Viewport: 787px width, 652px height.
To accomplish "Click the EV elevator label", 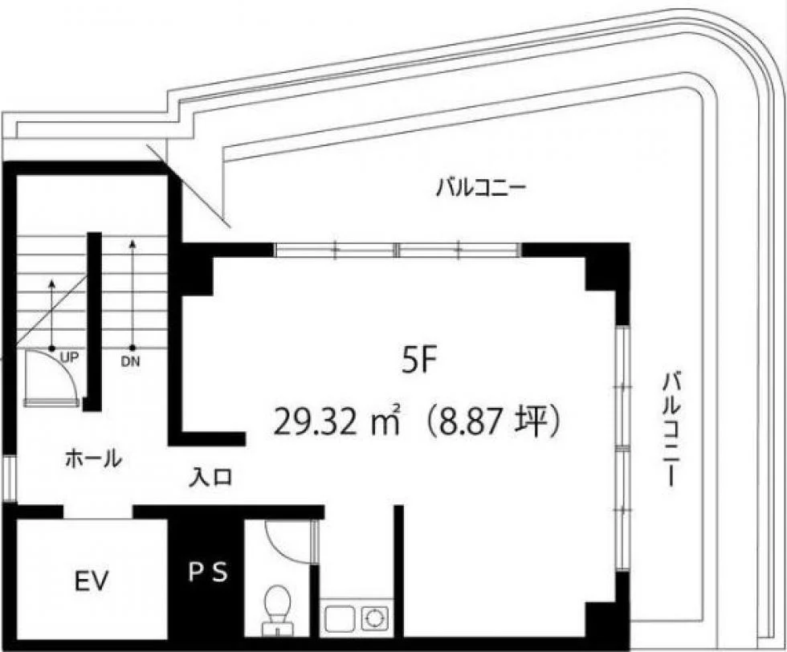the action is [92, 581].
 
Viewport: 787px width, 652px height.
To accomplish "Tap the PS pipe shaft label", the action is [208, 572].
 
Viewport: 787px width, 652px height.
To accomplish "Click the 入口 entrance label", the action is [210, 477].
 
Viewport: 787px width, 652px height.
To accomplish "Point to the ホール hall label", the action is [94, 458].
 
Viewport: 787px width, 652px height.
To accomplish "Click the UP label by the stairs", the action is [69, 357].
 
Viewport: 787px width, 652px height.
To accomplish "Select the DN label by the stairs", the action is [130, 361].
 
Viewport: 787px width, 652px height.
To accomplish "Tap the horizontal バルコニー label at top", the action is [480, 189].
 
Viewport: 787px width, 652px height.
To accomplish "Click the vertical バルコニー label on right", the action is [671, 429].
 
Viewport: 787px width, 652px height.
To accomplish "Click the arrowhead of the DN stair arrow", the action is [133, 244].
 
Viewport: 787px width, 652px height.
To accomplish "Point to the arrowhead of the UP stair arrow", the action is [51, 283].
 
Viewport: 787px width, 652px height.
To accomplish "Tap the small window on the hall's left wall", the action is [10, 479].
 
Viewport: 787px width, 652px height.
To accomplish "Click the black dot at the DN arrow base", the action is [133, 348].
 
